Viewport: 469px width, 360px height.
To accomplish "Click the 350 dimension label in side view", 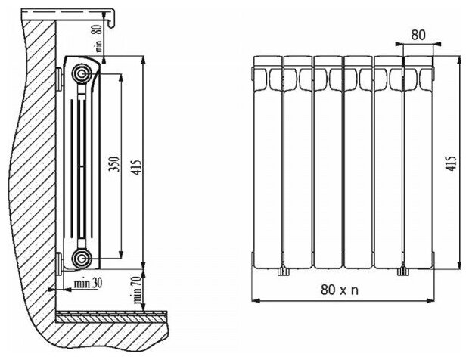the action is click(114, 166).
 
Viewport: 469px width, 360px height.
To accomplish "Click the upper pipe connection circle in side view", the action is click(81, 74).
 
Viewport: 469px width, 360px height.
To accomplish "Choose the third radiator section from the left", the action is click(326, 163).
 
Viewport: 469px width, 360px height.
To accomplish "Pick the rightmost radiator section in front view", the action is click(418, 163).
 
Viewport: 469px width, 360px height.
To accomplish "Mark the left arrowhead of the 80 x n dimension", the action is click(253, 299).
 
